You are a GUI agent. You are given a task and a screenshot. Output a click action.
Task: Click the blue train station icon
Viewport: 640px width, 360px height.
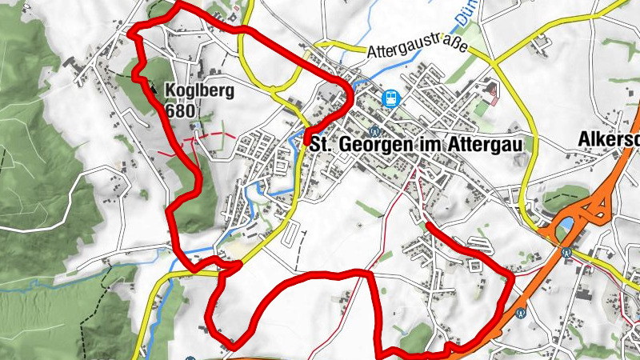pyautogui.click(x=391, y=98)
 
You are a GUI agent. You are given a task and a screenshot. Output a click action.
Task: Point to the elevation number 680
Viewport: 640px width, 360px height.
pyautogui.click(x=182, y=110)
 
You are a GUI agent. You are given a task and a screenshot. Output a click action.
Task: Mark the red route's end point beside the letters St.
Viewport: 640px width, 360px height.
pyautogui.click(x=308, y=142)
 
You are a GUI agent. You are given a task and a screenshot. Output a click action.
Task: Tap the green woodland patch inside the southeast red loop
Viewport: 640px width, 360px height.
pyautogui.click(x=416, y=340)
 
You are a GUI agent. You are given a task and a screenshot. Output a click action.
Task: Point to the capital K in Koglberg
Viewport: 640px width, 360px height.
pyautogui.click(x=170, y=91)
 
